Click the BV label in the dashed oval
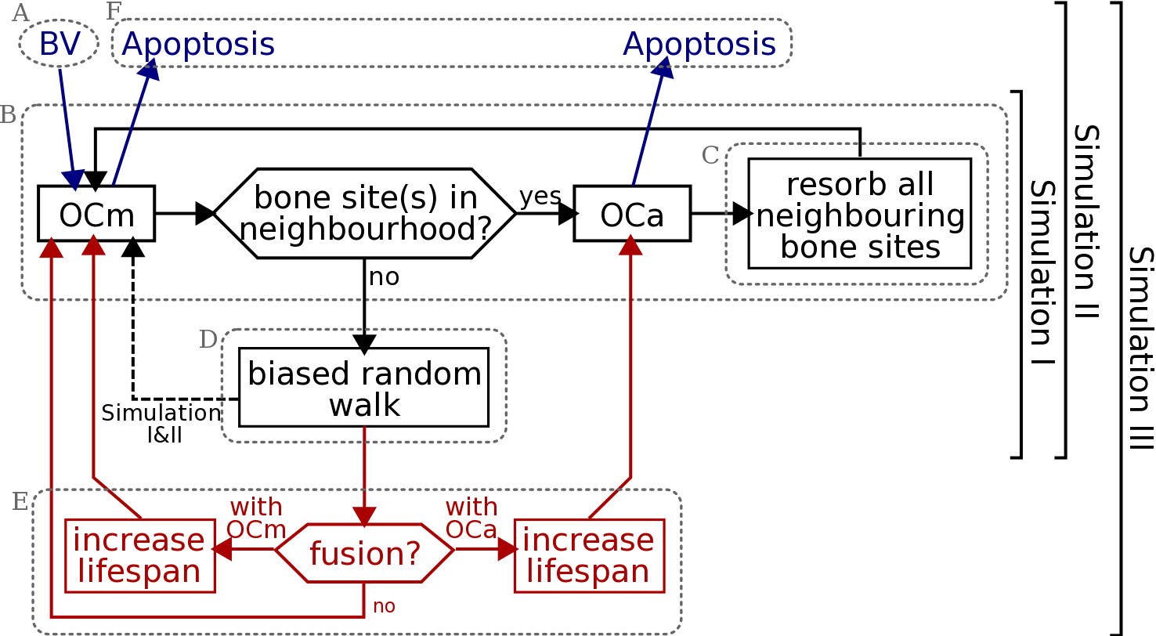tap(60, 44)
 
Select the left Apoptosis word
tap(198, 44)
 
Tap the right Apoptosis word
tap(699, 44)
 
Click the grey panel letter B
tap(8, 115)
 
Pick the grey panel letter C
tap(710, 156)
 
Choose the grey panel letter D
tap(208, 339)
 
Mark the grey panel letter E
tap(20, 502)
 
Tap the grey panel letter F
tap(114, 11)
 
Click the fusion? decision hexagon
tap(365, 553)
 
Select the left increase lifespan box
tap(139, 555)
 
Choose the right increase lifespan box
tap(589, 555)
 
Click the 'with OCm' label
tap(256, 518)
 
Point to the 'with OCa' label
tap(471, 518)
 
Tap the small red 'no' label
tap(385, 606)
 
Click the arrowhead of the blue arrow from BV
tap(74, 181)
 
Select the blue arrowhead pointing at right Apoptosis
tap(664, 69)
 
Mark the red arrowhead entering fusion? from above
tap(365, 517)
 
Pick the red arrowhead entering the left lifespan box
tap(220, 550)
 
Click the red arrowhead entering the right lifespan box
tap(508, 550)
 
